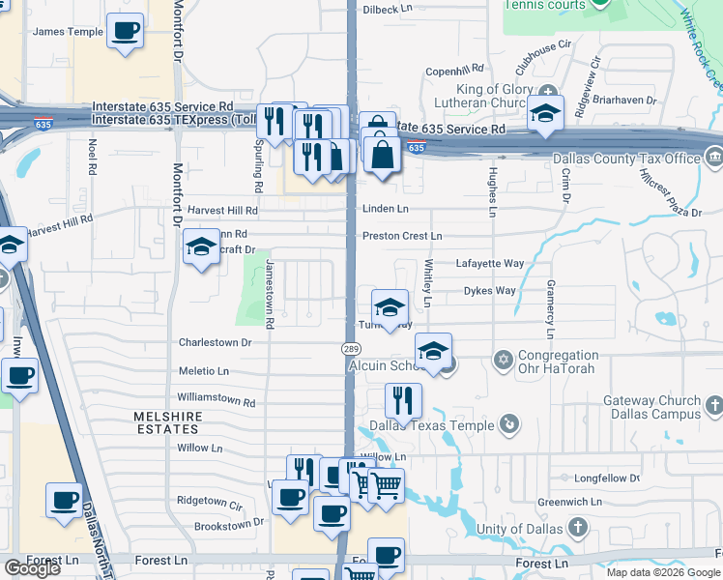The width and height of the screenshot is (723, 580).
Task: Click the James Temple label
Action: click(68, 32)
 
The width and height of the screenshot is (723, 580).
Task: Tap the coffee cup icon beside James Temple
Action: click(125, 31)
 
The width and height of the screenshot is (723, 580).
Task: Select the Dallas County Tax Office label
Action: click(626, 159)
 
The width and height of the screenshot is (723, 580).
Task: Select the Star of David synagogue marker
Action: click(502, 361)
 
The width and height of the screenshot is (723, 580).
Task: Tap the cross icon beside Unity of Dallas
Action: click(577, 528)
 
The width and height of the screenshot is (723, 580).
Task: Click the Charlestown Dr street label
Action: click(215, 342)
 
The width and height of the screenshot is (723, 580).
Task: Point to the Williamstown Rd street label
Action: click(217, 400)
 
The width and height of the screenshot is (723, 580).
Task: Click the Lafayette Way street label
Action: click(490, 263)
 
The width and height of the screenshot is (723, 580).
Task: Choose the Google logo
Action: click(33, 568)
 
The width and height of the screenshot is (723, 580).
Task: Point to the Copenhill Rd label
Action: click(453, 71)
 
